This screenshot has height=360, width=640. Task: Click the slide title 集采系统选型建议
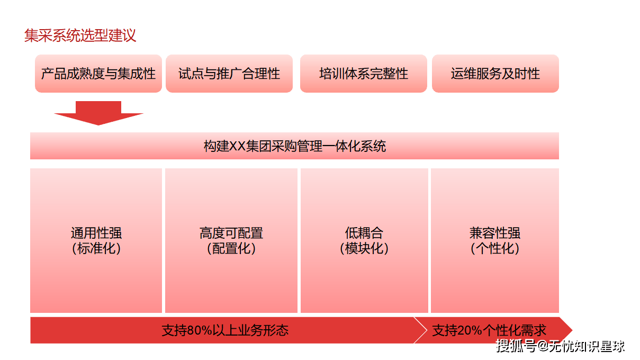(80, 35)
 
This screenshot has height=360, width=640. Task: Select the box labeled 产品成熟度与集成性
(98, 74)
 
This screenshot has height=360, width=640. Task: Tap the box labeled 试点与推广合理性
(229, 74)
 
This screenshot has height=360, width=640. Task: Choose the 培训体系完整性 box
(364, 74)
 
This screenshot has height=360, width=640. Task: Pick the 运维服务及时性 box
(495, 74)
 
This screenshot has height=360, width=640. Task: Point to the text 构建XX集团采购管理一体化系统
(294, 146)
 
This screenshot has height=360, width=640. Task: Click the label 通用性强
(96, 233)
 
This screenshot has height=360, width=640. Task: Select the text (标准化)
(96, 248)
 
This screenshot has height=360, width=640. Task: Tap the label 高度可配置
(231, 233)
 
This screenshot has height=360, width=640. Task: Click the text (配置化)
(231, 248)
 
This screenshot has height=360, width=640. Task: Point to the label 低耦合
(364, 233)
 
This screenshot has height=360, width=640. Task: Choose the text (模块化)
(364, 248)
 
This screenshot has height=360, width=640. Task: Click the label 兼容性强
(495, 233)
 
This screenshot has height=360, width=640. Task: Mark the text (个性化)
(495, 248)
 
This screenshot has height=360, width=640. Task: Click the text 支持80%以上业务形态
(225, 331)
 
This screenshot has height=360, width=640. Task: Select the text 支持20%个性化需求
(489, 331)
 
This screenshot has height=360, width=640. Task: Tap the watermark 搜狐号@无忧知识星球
(560, 346)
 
